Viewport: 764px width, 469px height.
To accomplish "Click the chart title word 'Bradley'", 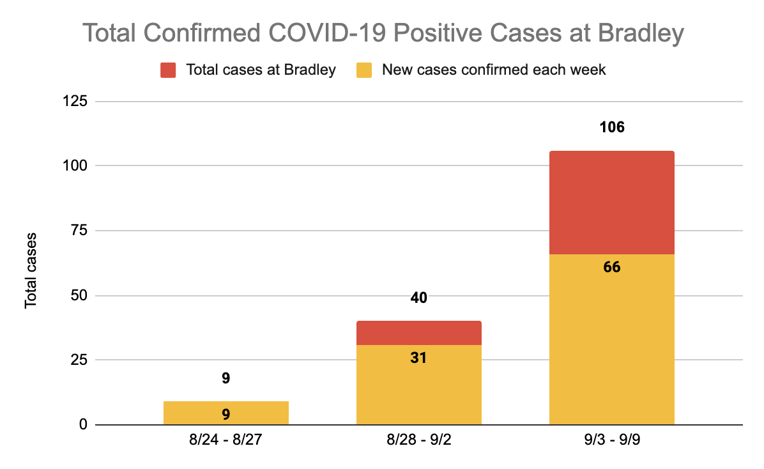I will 643,34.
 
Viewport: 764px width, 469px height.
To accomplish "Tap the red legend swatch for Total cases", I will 168,70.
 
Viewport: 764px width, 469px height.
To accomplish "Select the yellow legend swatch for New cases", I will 364,70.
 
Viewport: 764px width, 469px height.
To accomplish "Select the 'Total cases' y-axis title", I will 31,271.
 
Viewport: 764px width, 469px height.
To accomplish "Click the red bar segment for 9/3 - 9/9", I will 611,203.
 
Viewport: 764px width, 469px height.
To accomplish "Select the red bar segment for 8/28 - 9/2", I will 418,333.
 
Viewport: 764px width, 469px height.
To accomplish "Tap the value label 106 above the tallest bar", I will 611,127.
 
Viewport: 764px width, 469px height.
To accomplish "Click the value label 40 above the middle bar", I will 418,298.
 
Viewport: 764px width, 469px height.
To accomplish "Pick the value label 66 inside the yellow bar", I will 611,266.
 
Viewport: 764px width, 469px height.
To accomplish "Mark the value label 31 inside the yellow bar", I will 418,358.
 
